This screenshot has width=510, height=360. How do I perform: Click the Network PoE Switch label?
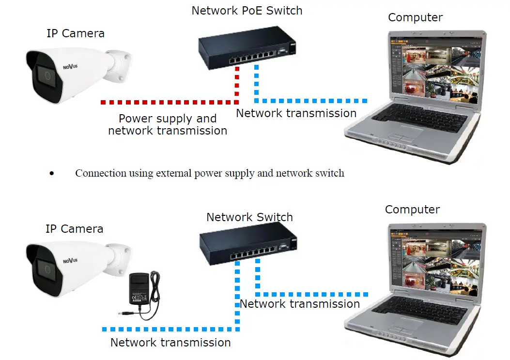click(247, 11)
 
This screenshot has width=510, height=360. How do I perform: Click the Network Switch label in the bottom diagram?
click(249, 217)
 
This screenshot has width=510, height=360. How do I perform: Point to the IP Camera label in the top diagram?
click(75, 33)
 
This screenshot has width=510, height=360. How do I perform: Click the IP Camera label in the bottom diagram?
click(74, 229)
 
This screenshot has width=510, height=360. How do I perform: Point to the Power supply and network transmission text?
click(168, 125)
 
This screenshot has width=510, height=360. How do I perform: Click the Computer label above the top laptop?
click(415, 17)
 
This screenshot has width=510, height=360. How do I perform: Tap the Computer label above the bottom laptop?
click(412, 210)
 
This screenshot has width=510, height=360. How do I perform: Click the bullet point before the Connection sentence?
click(52, 174)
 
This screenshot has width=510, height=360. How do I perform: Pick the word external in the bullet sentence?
click(173, 173)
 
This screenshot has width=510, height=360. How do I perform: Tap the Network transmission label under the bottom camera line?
click(170, 343)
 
